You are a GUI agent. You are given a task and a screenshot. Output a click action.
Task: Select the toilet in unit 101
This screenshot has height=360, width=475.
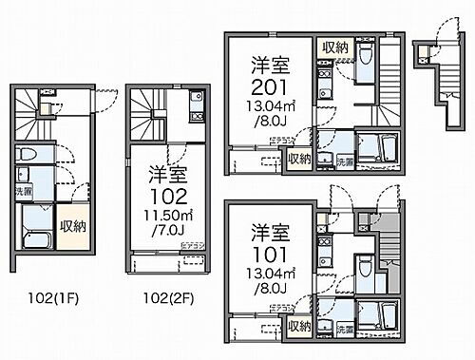[x=366, y=260]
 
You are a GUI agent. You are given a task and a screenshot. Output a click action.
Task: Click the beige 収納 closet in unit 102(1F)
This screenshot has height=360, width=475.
[x=72, y=226]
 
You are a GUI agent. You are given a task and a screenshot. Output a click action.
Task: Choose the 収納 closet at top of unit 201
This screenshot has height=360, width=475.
[x=333, y=47]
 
